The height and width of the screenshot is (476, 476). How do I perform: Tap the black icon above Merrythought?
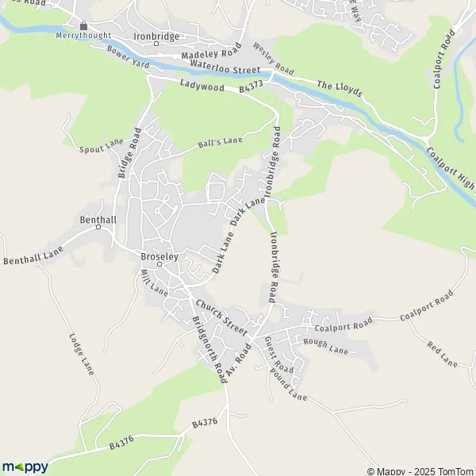click(x=83, y=26)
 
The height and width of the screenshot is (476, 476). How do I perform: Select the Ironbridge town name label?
click(x=156, y=36)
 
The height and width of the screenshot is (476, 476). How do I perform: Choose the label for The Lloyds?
click(x=340, y=88)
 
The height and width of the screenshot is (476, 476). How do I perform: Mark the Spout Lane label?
click(x=102, y=146)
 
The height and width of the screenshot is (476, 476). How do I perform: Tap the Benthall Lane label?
click(x=32, y=255)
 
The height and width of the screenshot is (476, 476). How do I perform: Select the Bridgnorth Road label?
click(x=209, y=349)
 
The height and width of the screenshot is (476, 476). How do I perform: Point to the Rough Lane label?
click(x=326, y=345)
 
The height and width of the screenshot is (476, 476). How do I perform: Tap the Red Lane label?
click(x=442, y=355)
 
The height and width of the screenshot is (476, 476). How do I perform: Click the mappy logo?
click(x=25, y=466)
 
